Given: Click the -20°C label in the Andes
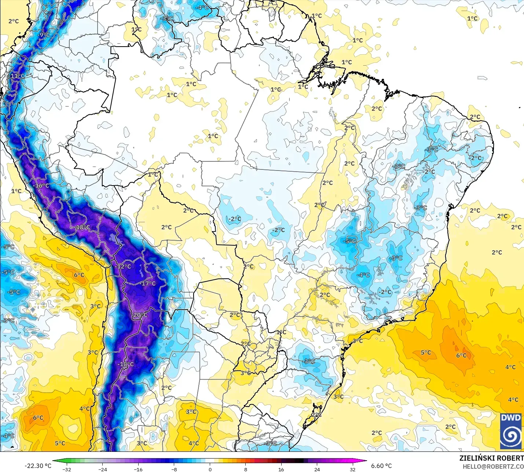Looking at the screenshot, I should tap(140, 315).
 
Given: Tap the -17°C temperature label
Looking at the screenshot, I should tap(148, 283).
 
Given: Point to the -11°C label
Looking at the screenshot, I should tap(17, 76).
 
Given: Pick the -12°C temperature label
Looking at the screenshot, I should tap(123, 267).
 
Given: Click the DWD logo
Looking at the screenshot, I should tap(511, 431).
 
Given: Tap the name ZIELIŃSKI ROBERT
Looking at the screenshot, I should tap(491, 458).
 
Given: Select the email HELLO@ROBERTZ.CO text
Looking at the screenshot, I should tap(493, 466).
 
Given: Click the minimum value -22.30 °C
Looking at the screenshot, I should tap(38, 466).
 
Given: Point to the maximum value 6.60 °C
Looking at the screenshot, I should tap(381, 466).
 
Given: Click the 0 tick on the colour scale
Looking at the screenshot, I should tap(210, 469).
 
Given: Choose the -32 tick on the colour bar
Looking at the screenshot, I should tap(67, 469).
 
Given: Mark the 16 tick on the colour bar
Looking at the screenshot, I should tap(281, 469).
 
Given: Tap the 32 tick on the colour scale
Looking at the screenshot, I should tap(352, 469).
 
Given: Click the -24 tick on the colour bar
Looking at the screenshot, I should tap(102, 469).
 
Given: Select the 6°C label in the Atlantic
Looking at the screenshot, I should tap(461, 355).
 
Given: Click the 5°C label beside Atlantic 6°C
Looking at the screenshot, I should tap(426, 352).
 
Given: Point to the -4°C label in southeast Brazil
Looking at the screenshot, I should tap(363, 275).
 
